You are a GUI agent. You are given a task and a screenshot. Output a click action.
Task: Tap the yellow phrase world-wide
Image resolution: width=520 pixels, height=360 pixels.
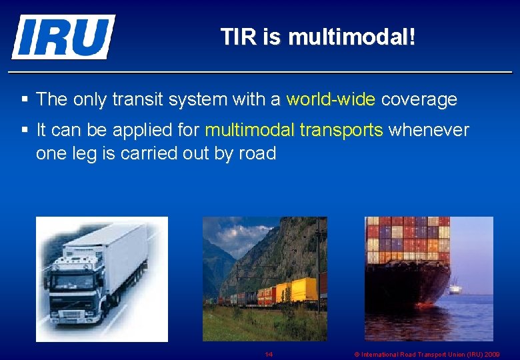(331, 100)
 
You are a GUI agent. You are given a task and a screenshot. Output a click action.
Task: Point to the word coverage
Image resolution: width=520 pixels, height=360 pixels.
(419, 100)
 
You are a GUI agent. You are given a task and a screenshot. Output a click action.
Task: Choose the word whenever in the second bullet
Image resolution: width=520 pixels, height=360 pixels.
(428, 130)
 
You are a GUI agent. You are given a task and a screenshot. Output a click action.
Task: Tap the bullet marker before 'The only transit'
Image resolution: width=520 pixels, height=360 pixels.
(25, 100)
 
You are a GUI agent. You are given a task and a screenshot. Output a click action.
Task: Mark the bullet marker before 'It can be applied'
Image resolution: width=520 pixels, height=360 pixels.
(25, 130)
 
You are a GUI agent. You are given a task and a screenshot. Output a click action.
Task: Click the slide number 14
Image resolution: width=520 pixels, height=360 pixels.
(269, 355)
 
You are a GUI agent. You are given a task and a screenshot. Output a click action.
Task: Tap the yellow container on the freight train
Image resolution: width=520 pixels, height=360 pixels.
(303, 289)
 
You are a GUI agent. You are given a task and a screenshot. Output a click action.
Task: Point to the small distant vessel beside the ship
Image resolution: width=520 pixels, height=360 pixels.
(455, 289)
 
